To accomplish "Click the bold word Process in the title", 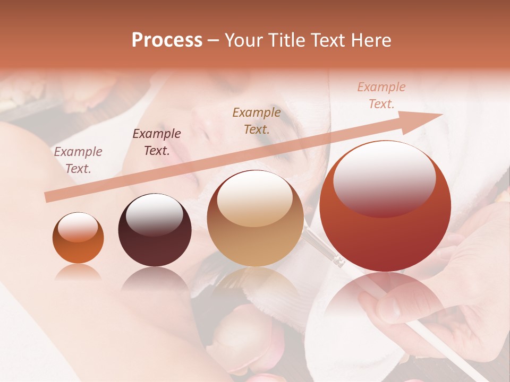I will click(x=167, y=40).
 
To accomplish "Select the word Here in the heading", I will click(x=370, y=40).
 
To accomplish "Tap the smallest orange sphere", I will click(x=78, y=238).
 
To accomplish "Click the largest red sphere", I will click(x=385, y=207).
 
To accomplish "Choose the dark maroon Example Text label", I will click(x=157, y=142).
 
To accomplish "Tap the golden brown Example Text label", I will click(x=257, y=120).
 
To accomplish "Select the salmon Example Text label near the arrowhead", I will click(x=381, y=95).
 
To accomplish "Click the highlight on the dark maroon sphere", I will click(x=154, y=214).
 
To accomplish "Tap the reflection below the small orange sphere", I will click(x=78, y=272).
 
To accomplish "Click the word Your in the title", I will click(x=243, y=40).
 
